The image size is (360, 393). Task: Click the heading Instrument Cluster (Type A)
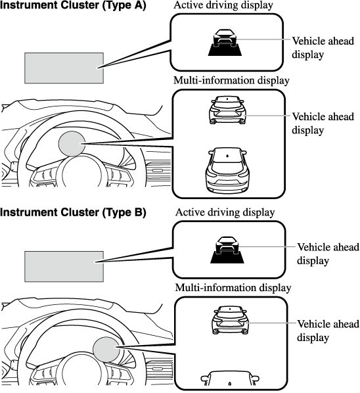click(73, 5)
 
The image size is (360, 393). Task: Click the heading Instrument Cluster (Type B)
click(73, 212)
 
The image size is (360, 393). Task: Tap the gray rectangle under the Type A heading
click(64, 68)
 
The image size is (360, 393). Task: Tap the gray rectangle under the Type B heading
click(64, 266)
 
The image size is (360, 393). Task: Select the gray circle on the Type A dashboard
click(72, 144)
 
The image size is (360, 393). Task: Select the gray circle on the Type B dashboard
click(106, 350)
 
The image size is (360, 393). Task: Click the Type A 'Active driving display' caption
click(223, 5)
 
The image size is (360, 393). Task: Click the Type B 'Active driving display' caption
click(225, 212)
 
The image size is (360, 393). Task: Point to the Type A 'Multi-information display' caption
click(231, 80)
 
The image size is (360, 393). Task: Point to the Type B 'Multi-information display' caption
click(233, 287)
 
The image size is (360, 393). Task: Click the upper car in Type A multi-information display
click(227, 110)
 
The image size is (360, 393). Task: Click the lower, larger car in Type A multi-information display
click(227, 171)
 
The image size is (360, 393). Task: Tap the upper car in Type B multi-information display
click(230, 320)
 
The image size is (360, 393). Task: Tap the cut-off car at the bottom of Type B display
click(230, 378)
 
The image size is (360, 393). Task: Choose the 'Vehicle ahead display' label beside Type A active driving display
click(323, 47)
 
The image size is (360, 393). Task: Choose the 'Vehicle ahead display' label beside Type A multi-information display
click(323, 124)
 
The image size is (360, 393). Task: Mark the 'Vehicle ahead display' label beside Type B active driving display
click(328, 254)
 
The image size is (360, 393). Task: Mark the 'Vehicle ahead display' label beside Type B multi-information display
click(328, 331)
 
